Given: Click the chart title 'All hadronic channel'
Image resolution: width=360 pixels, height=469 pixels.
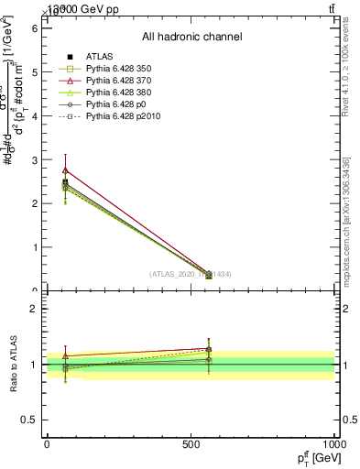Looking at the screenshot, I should pos(191,37).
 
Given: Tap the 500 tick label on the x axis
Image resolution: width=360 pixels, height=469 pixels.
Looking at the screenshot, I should pos(191,443).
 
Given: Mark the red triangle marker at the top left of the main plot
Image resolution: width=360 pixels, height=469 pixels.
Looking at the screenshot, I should pos(65,170).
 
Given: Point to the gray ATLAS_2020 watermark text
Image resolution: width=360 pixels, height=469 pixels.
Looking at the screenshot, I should pos(191,274).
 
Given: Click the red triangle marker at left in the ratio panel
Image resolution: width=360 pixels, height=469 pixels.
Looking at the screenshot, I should pos(65,355).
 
